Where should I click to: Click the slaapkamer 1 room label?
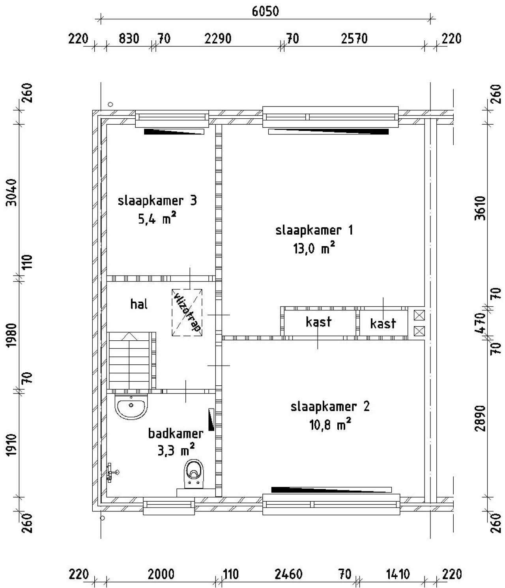tap(314, 230)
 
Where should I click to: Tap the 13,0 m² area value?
tap(314, 249)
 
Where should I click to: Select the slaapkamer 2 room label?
tap(330, 407)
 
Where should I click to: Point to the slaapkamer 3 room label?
tap(157, 201)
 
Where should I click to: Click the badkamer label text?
tap(176, 434)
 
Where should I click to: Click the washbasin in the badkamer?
tap(131, 406)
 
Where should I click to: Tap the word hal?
tap(139, 304)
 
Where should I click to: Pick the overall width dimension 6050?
tap(265, 11)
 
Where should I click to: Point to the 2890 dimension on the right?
tap(485, 418)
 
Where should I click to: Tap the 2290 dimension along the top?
tap(218, 39)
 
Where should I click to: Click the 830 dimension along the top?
tap(129, 39)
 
